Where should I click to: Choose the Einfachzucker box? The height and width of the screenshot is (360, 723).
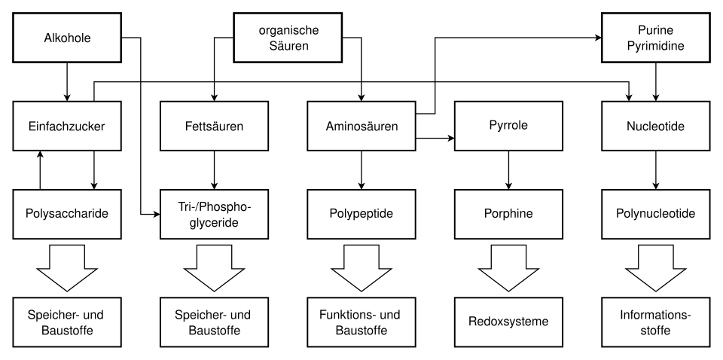click(x=67, y=127)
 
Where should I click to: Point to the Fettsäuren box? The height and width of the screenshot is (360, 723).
click(x=214, y=127)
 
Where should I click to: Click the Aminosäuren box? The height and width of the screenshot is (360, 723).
click(x=361, y=127)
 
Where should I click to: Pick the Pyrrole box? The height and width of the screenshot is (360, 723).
click(x=508, y=127)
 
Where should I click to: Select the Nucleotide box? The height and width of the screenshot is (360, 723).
click(x=655, y=127)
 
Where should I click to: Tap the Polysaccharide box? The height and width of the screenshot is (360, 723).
click(x=67, y=214)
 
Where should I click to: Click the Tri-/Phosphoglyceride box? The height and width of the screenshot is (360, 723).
click(x=214, y=214)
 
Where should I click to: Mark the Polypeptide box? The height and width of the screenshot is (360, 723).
click(x=361, y=214)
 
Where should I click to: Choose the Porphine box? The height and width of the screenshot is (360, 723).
click(x=508, y=214)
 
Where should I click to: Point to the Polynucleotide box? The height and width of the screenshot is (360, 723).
click(x=655, y=214)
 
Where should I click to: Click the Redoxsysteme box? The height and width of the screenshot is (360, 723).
click(x=508, y=322)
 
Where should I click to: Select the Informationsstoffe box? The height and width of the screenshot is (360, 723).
click(x=655, y=322)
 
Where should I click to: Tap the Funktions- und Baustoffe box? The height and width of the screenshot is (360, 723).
click(x=361, y=322)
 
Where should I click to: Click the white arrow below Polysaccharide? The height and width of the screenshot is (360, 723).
click(x=67, y=268)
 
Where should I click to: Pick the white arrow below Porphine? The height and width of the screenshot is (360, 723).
click(x=508, y=268)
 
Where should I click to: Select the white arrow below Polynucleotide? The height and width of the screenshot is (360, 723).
click(x=655, y=268)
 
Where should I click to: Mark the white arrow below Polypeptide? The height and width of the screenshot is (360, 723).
click(x=361, y=268)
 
